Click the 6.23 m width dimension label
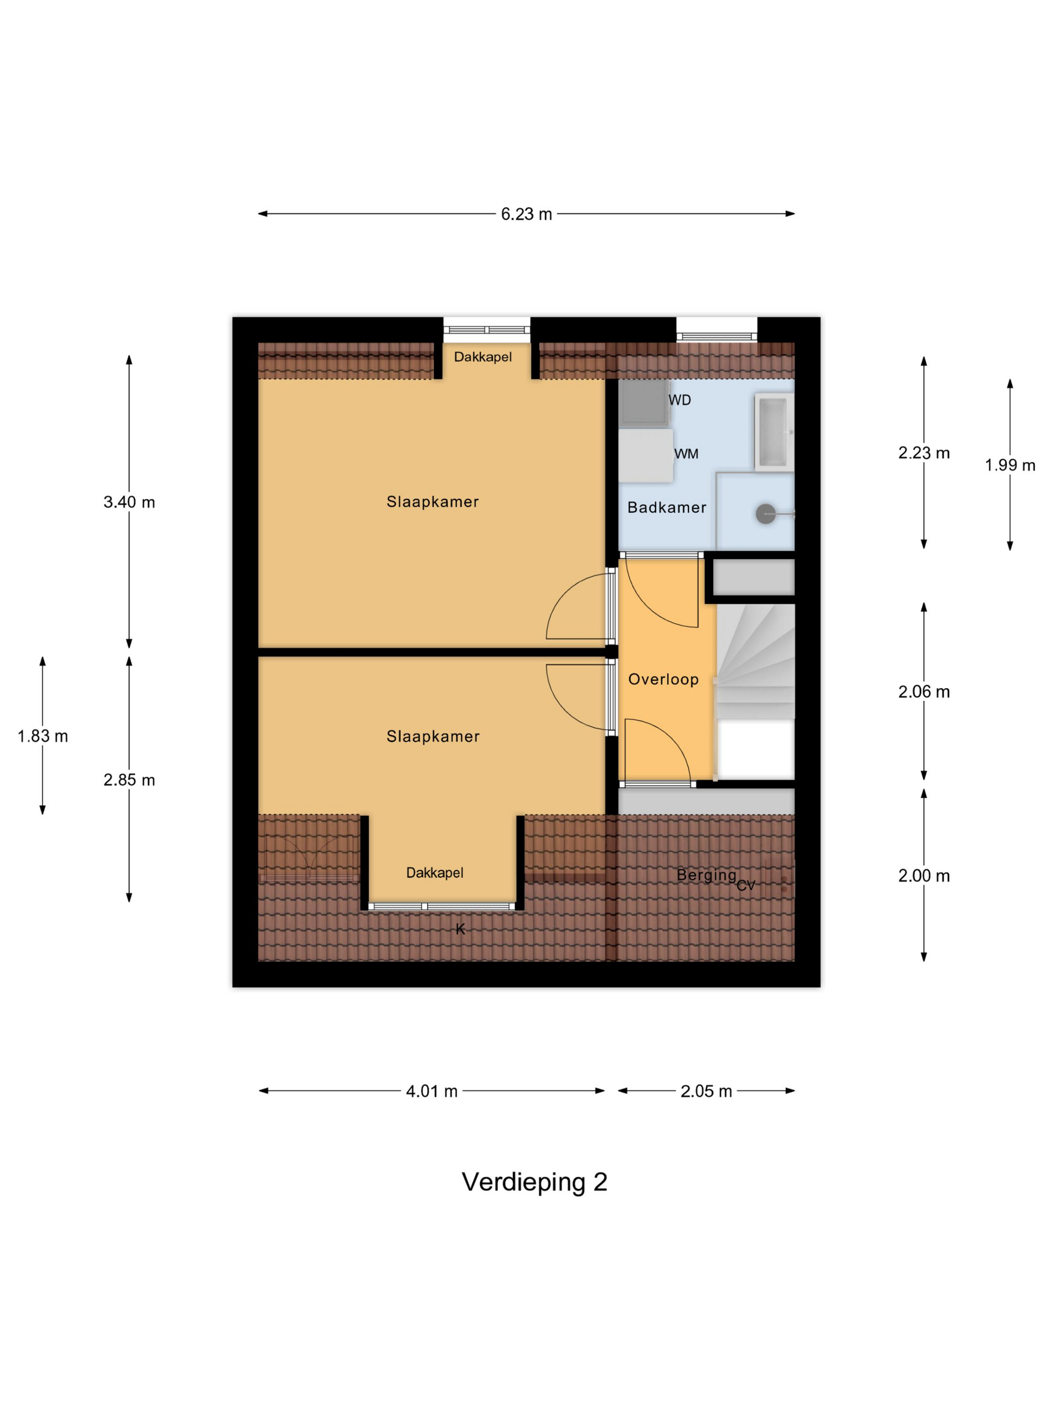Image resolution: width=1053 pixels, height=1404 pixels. pyautogui.click(x=526, y=214)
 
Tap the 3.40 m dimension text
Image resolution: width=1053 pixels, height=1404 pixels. pyautogui.click(x=129, y=502)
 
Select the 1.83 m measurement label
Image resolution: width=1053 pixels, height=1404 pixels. pyautogui.click(x=43, y=736)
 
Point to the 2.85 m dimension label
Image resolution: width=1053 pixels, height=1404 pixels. pyautogui.click(x=129, y=780)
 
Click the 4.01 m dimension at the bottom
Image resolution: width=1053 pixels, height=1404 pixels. pyautogui.click(x=432, y=1091)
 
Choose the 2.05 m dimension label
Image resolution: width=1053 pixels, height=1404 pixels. pyautogui.click(x=706, y=1091)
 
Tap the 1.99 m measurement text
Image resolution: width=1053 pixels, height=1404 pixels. pyautogui.click(x=1010, y=465)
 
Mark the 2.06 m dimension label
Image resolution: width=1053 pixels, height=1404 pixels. pyautogui.click(x=924, y=692)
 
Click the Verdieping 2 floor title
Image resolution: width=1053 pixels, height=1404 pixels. pyautogui.click(x=535, y=1182)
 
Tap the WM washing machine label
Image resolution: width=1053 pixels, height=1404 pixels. pyautogui.click(x=686, y=454)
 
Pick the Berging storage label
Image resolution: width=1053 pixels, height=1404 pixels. pyautogui.click(x=707, y=875)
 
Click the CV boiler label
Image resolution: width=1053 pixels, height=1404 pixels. pyautogui.click(x=746, y=886)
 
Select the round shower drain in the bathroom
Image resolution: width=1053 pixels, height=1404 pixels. pyautogui.click(x=766, y=513)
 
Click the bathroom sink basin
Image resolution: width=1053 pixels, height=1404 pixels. pyautogui.click(x=774, y=431)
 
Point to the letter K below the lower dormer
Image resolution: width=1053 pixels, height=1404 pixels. pyautogui.click(x=460, y=929)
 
